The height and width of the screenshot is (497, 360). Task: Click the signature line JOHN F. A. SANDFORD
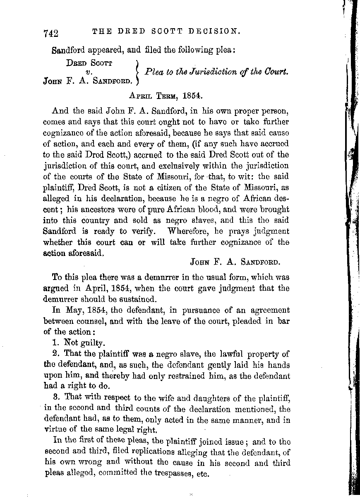point(235,262)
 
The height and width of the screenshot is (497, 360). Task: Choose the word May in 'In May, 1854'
point(71,311)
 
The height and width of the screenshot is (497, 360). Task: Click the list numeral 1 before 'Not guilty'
point(55,343)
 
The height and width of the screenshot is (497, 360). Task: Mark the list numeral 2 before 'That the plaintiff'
point(55,354)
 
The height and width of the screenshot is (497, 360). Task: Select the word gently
point(202,365)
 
